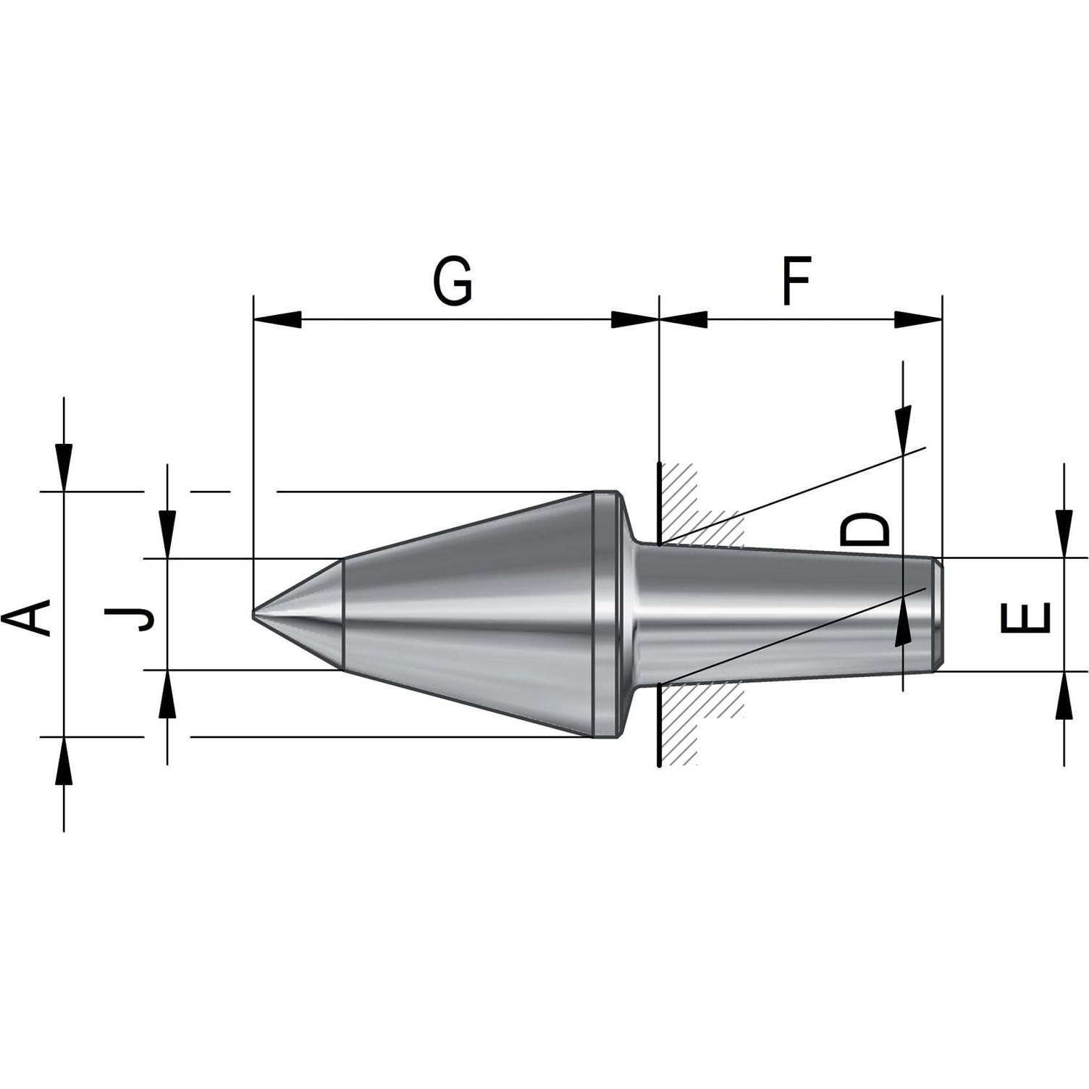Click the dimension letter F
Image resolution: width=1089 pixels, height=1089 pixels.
(796, 279)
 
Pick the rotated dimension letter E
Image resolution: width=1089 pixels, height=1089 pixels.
(1025, 618)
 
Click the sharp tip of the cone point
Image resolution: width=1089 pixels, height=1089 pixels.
(253, 614)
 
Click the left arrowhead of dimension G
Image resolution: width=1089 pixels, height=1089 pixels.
(277, 319)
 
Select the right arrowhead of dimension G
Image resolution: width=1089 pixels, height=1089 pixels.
(635, 319)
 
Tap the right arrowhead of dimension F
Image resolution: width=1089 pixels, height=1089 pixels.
(918, 319)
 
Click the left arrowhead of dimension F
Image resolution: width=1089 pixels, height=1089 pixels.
(683, 319)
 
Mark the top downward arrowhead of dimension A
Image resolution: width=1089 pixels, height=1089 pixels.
(64, 468)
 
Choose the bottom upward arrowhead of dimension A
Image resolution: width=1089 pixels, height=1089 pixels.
(64, 761)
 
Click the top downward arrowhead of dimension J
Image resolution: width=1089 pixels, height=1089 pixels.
(167, 534)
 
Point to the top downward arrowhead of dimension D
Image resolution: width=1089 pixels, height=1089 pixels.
(903, 429)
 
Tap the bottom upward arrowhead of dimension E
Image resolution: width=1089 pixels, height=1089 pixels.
(1064, 695)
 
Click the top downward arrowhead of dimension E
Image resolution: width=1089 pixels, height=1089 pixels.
(1064, 534)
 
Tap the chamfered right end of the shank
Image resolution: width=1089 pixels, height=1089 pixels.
(938, 614)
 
